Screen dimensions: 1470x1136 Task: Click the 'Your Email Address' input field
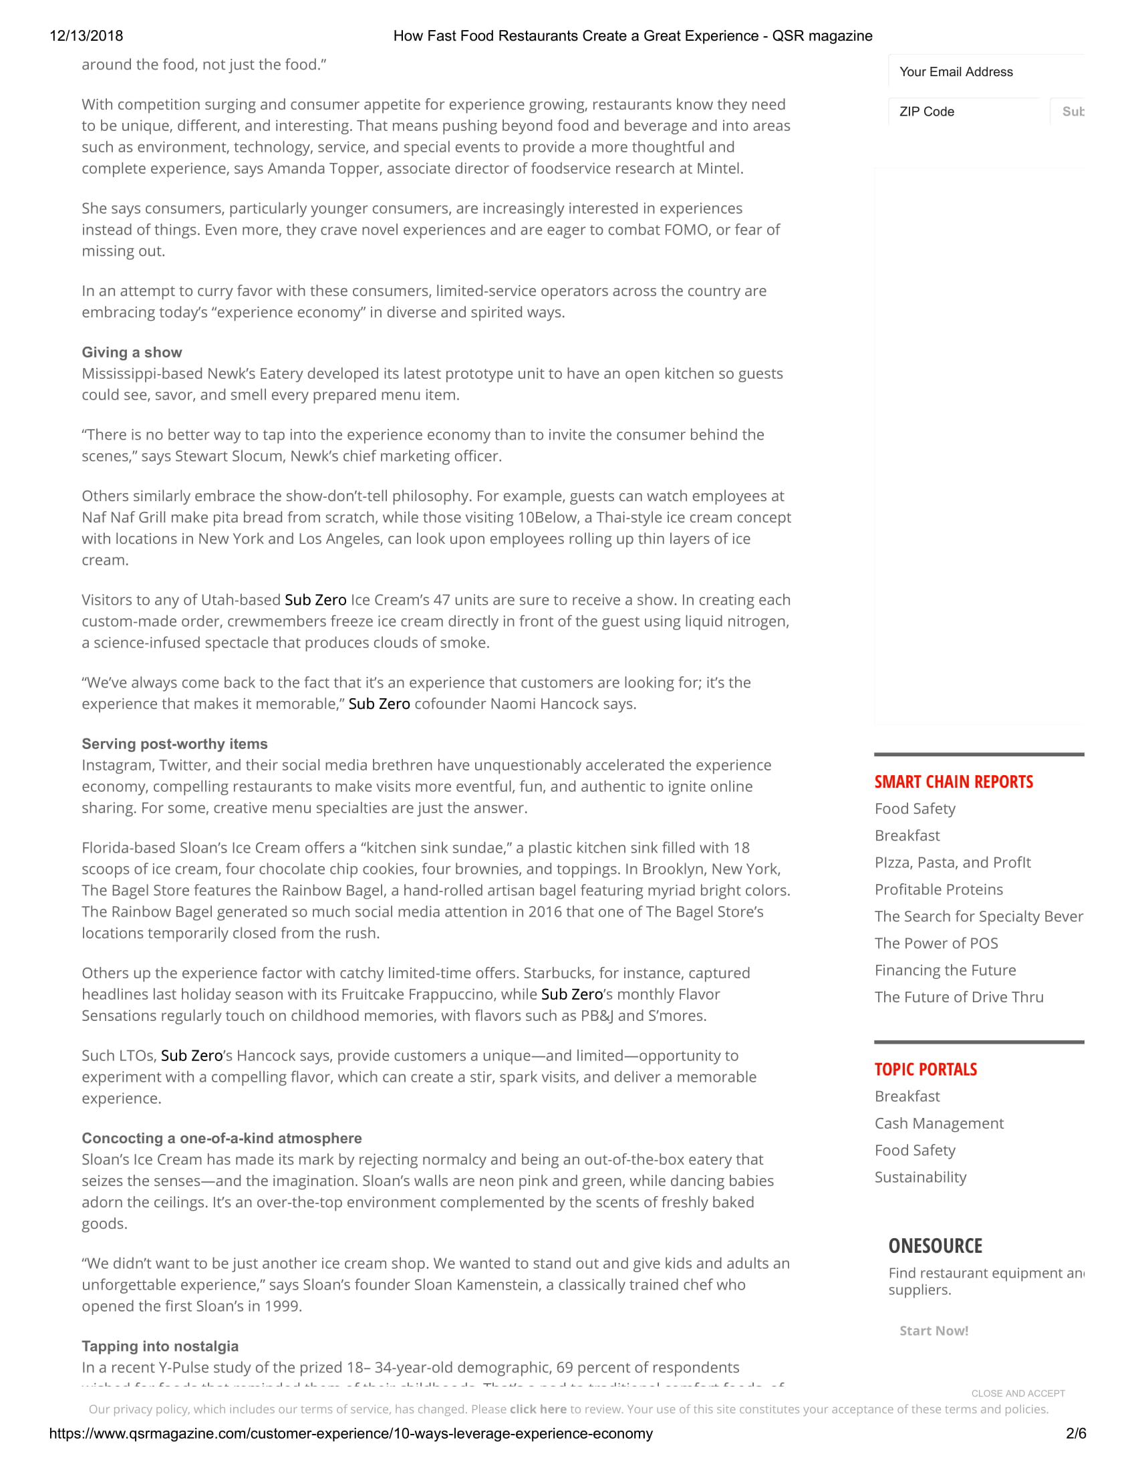[x=986, y=72]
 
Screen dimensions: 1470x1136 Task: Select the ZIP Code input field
[x=966, y=112]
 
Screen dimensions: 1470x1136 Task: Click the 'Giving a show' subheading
[x=132, y=352]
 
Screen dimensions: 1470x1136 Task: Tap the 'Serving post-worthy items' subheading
[x=174, y=744]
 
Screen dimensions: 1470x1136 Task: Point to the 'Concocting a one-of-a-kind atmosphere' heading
[x=221, y=1138]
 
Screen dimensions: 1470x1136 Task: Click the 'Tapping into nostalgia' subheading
[x=160, y=1346]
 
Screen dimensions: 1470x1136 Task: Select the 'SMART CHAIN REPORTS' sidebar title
[x=954, y=782]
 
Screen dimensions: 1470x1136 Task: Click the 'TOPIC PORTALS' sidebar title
[x=926, y=1070]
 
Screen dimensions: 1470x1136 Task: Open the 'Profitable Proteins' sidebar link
[x=938, y=889]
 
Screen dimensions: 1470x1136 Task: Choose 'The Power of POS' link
[x=936, y=943]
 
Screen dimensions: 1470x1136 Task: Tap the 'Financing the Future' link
[x=945, y=970]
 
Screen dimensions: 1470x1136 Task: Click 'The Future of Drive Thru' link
[x=958, y=997]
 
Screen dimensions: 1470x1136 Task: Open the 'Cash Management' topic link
[x=939, y=1123]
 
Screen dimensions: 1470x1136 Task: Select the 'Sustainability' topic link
[x=920, y=1177]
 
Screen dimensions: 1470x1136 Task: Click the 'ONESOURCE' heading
[x=935, y=1246]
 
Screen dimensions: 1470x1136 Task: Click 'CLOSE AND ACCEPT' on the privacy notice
[x=1018, y=1393]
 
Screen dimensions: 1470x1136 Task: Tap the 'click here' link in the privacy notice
[x=538, y=1409]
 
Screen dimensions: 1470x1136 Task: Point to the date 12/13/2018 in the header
[x=86, y=36]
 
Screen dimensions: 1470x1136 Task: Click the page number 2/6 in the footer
[x=1075, y=1434]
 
